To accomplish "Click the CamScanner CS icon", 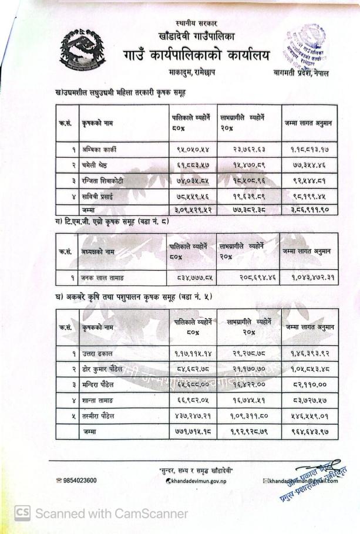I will [22, 513].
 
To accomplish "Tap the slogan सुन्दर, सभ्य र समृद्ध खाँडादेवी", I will [196, 471].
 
